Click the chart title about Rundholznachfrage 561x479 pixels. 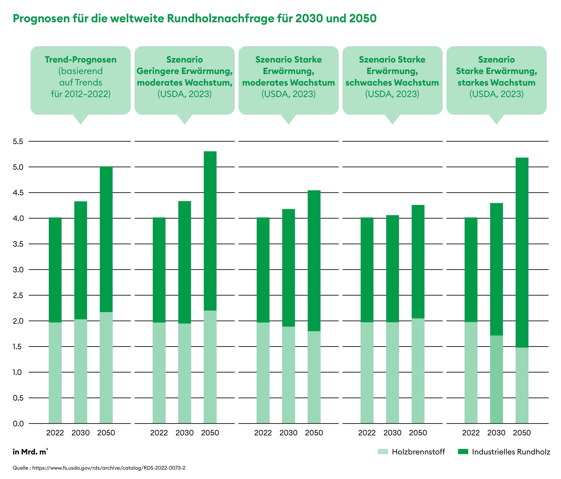194,18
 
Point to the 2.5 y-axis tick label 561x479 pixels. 18,295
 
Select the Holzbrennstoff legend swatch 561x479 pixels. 383,452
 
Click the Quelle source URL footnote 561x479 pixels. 99,468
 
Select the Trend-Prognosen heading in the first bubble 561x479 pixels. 81,60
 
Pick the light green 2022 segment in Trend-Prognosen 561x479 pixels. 55,373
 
